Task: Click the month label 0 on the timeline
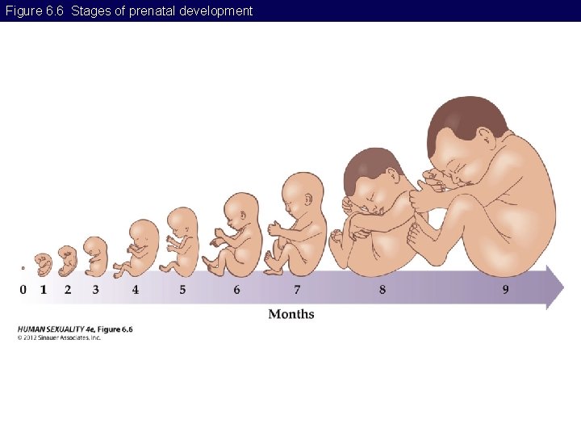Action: click(23, 289)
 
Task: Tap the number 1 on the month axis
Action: click(44, 289)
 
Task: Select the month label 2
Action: click(68, 289)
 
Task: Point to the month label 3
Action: click(95, 289)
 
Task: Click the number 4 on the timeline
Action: click(135, 289)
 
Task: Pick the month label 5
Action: click(182, 289)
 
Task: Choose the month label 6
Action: click(236, 289)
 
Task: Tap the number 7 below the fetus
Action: click(297, 289)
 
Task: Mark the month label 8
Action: click(382, 289)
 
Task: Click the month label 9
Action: click(506, 289)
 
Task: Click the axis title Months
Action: click(291, 314)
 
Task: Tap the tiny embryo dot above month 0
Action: click(23, 268)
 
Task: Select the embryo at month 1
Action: click(44, 264)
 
